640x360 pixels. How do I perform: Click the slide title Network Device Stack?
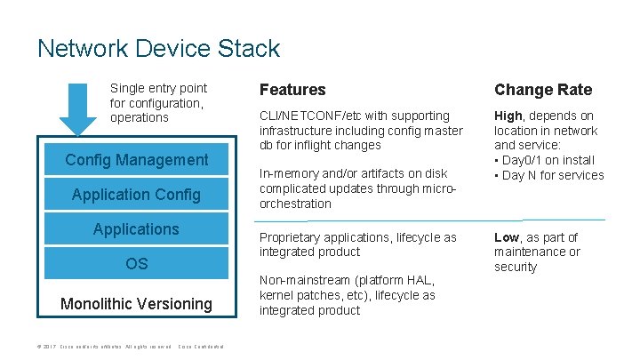pos(158,48)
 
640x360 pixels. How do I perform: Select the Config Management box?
pos(137,160)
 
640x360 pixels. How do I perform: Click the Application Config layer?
pos(137,195)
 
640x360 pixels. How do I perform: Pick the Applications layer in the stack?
pos(137,229)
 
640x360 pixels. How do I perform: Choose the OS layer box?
pos(137,264)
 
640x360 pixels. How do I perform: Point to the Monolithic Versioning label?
pos(137,304)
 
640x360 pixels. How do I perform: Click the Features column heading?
pos(292,90)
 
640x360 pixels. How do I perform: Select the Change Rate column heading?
pos(542,90)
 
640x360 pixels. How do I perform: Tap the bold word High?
pos(508,116)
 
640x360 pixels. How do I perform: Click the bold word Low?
pos(507,237)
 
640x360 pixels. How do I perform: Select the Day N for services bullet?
pos(548,175)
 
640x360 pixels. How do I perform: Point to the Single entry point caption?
pos(158,88)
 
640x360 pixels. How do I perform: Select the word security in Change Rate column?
pos(516,267)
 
